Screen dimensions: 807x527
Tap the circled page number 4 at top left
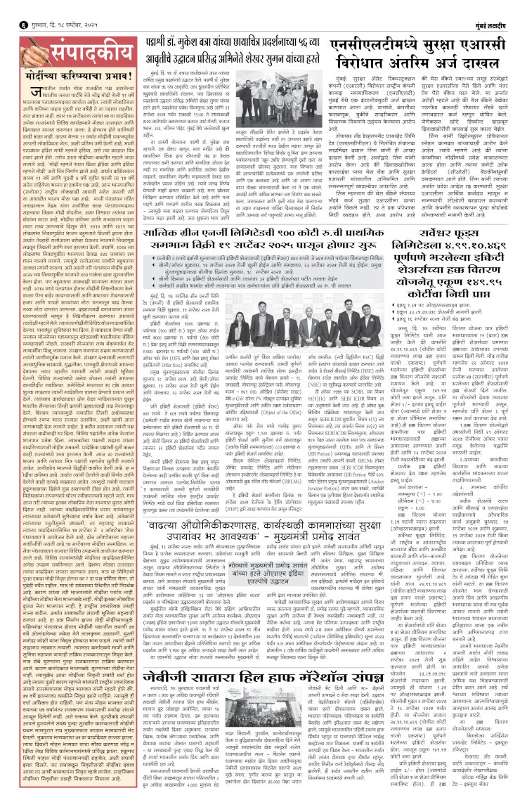click(9, 8)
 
